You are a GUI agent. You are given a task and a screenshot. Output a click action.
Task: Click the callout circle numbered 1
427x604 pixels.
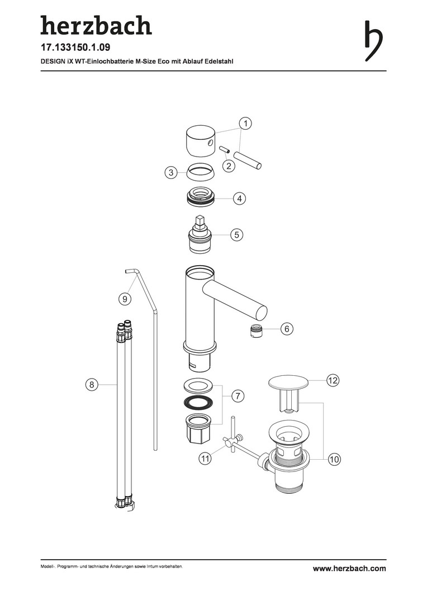tap(245, 124)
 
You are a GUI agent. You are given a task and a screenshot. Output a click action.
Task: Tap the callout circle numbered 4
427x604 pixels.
tap(240, 199)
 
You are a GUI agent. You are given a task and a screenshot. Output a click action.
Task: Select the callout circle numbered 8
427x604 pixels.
tap(92, 384)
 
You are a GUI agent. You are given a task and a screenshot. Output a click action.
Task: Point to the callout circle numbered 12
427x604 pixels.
tap(333, 381)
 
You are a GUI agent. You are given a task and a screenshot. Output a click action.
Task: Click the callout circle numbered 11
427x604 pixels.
tap(205, 459)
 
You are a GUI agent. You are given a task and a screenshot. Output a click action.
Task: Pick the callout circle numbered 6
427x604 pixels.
tap(287, 329)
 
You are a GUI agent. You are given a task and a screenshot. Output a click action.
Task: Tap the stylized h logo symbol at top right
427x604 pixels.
tap(373, 41)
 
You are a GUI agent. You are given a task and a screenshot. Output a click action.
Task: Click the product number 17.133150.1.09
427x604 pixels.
tap(75, 48)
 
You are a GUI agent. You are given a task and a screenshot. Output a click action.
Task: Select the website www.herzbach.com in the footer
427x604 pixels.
tap(349, 568)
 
